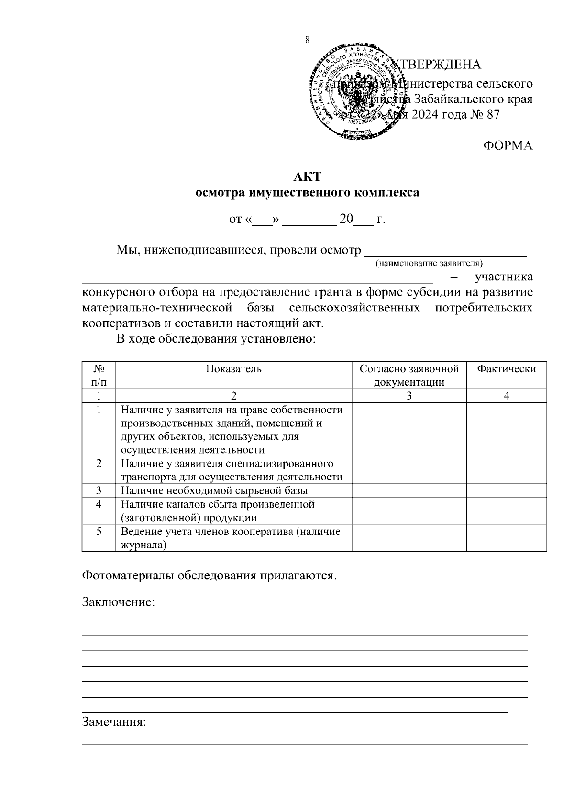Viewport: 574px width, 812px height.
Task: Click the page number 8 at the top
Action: (x=307, y=40)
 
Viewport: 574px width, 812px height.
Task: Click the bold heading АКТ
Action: (x=307, y=177)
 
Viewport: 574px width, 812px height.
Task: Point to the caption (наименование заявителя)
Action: (x=429, y=263)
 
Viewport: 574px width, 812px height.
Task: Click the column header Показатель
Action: (x=233, y=369)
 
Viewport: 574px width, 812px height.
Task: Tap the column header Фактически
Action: (x=506, y=369)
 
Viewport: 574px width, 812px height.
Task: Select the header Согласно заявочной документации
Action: (x=409, y=375)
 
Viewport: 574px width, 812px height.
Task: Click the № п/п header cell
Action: (x=99, y=375)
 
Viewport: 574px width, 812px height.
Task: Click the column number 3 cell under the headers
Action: (x=409, y=396)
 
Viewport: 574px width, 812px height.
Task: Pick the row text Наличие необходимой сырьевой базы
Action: (x=214, y=490)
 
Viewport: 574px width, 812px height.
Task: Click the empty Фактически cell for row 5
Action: (x=506, y=538)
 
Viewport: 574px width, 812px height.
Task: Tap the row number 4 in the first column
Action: (x=99, y=504)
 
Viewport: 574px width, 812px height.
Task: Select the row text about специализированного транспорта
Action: (x=232, y=470)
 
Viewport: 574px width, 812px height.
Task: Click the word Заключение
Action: (x=119, y=601)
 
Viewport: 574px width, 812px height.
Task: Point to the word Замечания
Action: (x=114, y=722)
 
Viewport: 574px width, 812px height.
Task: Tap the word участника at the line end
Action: (x=503, y=277)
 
